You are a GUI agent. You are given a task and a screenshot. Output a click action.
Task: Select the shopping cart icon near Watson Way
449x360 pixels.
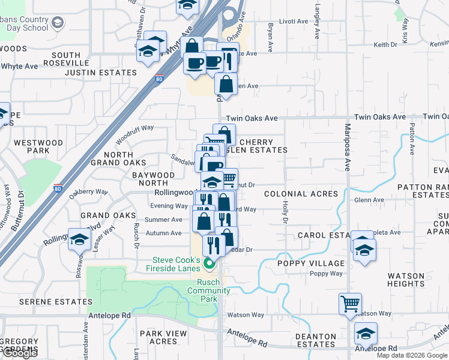pos(350,304)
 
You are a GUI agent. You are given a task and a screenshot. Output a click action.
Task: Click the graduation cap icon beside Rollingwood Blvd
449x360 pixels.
pos(79,240)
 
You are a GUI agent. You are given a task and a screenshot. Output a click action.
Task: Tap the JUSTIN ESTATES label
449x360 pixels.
pos(100,73)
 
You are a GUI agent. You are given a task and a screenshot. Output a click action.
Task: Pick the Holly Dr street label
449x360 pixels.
pos(285,211)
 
